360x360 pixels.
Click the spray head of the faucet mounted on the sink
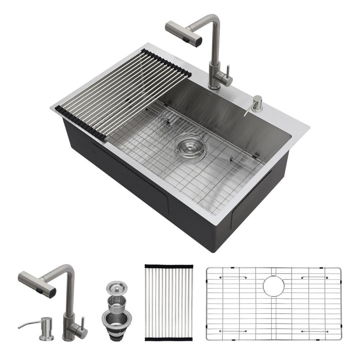(x=184, y=33)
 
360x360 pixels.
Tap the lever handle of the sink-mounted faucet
(x=228, y=72)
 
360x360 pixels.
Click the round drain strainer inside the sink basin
(x=190, y=145)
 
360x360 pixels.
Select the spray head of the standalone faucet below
(x=37, y=284)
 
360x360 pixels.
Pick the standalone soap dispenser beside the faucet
(x=46, y=328)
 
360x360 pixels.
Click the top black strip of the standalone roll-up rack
(x=169, y=266)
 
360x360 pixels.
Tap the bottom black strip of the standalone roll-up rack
(x=168, y=339)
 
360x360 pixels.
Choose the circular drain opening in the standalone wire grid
(x=273, y=286)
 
